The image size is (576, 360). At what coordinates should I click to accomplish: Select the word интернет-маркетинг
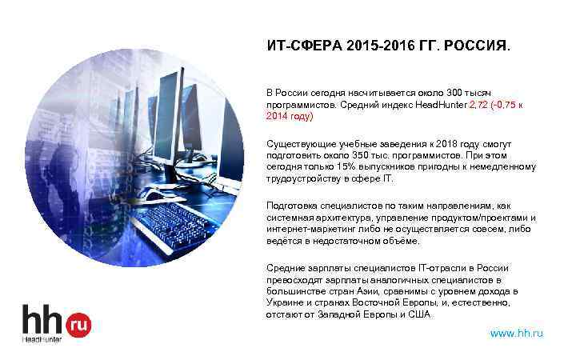coord(308,229)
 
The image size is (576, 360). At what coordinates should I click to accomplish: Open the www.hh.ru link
coord(516,333)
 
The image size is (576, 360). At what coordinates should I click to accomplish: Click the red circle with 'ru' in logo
coord(79,324)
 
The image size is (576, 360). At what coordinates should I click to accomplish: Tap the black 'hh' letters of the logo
coord(44,320)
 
